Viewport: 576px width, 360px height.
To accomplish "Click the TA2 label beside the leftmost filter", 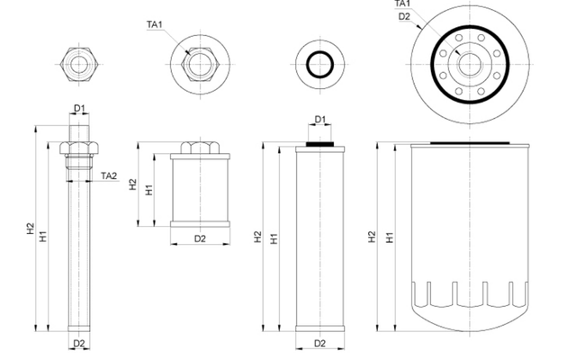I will [109, 175].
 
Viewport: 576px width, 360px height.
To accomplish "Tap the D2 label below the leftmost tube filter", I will [79, 344].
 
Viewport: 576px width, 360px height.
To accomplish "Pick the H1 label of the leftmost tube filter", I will [43, 236].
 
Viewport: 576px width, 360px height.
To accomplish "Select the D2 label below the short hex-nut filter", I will [200, 238].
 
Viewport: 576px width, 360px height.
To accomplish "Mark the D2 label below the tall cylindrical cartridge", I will [319, 344].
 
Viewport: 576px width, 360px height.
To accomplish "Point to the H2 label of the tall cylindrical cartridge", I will [258, 237].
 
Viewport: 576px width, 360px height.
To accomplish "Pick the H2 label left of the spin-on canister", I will [372, 236].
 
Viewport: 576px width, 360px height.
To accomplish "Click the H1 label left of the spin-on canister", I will [389, 238].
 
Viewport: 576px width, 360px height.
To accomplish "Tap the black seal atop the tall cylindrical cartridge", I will [320, 141].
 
